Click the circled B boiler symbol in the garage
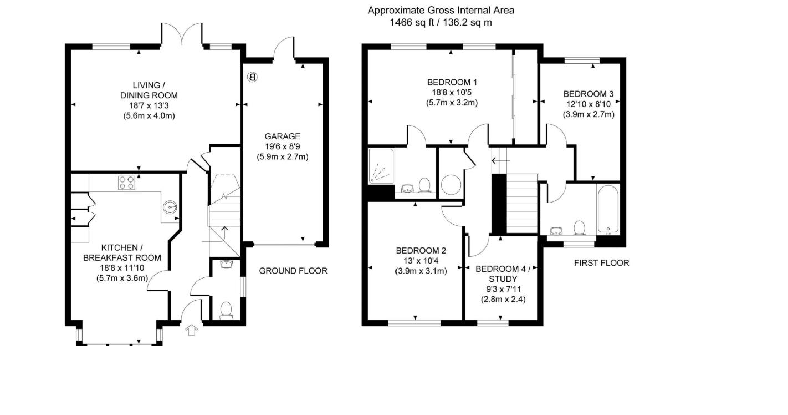click(x=252, y=77)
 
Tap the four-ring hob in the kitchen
click(x=127, y=183)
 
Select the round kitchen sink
click(x=170, y=207)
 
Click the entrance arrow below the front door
click(x=191, y=330)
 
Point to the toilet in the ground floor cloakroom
click(x=226, y=310)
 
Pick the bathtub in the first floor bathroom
click(x=608, y=209)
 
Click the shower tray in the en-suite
click(x=381, y=166)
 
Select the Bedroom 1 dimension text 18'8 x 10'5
click(x=452, y=93)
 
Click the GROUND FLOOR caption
click(x=293, y=271)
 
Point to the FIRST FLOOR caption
click(x=602, y=263)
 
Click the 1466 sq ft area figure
click(x=412, y=23)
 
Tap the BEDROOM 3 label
click(x=589, y=94)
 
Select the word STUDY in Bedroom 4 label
click(x=503, y=279)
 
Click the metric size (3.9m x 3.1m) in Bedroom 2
click(x=421, y=271)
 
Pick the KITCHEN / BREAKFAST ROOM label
click(x=122, y=252)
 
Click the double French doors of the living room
click(x=182, y=34)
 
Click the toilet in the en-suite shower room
click(x=425, y=185)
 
